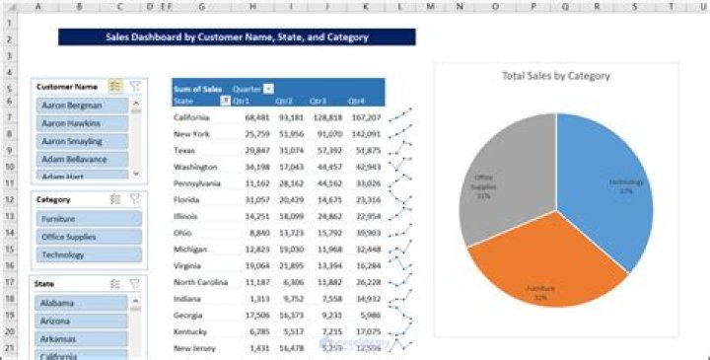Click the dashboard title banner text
tap(237, 37)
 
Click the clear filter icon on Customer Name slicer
tap(135, 86)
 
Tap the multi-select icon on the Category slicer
tap(115, 198)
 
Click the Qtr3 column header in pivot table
tap(318, 101)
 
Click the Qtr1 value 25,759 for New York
tap(256, 134)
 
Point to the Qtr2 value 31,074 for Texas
tap(291, 151)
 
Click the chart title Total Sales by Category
tap(555, 76)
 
